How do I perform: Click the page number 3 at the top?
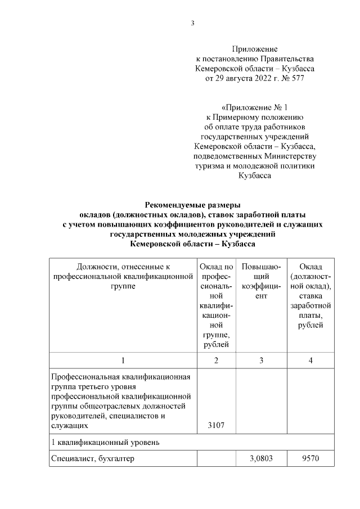click(x=192, y=23)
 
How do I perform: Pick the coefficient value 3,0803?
click(x=261, y=458)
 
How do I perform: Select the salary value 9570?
click(x=310, y=458)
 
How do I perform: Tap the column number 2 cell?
click(x=216, y=360)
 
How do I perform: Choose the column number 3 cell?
click(x=261, y=360)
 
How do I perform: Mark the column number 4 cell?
click(x=310, y=360)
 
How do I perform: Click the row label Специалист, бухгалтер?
click(x=92, y=458)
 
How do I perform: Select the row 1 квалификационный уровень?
click(x=105, y=442)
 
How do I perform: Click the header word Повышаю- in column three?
click(x=261, y=266)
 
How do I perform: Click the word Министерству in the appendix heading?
click(x=291, y=156)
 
